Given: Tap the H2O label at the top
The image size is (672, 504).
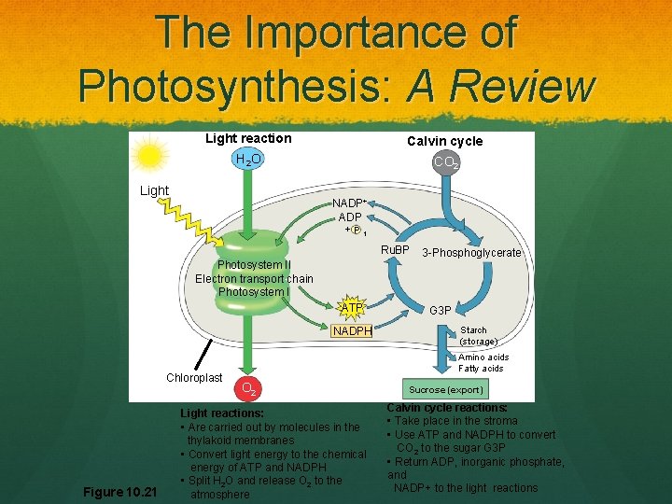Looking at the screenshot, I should [248, 161].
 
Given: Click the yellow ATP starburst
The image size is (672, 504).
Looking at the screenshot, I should [352, 308].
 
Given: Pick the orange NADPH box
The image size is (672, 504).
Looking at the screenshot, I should [352, 330].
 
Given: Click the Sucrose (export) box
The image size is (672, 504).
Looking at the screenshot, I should [445, 389].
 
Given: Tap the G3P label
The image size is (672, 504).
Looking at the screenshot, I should [440, 309].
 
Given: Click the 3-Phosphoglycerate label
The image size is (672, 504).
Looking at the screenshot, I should [471, 253].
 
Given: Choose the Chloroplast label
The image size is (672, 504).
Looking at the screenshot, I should [194, 378].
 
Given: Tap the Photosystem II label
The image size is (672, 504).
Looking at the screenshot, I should [254, 265].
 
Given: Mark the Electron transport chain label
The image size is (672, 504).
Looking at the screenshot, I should [254, 278].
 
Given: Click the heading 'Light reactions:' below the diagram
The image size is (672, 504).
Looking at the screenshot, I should [222, 413].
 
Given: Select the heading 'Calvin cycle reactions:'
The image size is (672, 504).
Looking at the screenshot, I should [447, 408].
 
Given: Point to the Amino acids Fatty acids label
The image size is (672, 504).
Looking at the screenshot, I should [483, 362].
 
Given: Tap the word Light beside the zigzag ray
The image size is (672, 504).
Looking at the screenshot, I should [154, 191].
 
